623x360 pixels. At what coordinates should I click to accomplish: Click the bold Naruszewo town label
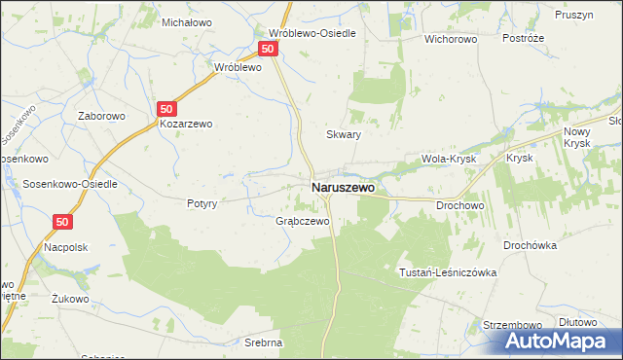[x=343, y=187]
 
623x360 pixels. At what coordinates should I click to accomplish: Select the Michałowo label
[x=187, y=21]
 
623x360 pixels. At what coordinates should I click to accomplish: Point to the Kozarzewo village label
[x=186, y=124]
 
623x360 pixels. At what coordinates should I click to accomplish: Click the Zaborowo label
[x=102, y=114]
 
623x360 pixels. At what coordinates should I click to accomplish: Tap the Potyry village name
[x=207, y=203]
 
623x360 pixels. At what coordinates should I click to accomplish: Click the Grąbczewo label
[x=302, y=221]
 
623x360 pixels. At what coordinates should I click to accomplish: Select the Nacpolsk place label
[x=66, y=247]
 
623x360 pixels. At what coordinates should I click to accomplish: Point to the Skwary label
[x=344, y=135]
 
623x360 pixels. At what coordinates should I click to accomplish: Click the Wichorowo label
[x=449, y=40]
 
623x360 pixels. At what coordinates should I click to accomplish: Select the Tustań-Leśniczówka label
[x=448, y=272]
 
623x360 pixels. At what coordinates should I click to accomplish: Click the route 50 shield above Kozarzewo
[x=168, y=109]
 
